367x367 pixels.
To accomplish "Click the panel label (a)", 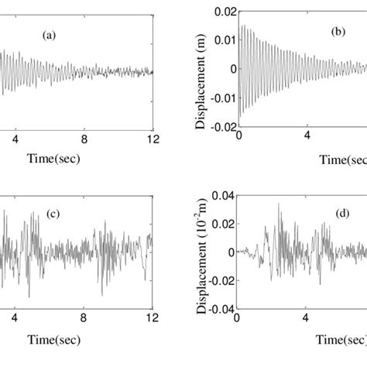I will tap(57, 36).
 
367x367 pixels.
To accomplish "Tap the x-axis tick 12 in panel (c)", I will tap(153, 317).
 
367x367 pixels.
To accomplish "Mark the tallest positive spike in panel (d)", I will tap(280, 204).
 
